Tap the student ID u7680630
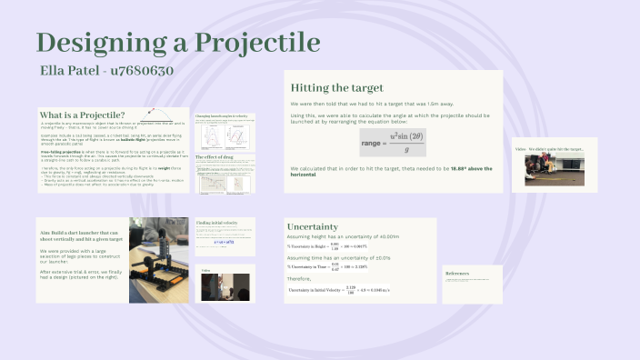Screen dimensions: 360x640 click(x=142, y=70)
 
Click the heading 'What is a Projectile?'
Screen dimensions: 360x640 click(x=83, y=115)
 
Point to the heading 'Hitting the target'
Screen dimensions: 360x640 click(x=336, y=88)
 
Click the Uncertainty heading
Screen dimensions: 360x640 click(x=313, y=226)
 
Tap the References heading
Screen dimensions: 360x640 click(x=457, y=272)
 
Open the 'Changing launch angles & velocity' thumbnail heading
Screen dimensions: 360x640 click(x=224, y=118)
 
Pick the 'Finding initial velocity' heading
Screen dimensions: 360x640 click(x=221, y=222)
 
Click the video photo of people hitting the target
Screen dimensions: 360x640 click(x=555, y=168)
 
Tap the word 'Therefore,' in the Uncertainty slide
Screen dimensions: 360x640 click(x=298, y=279)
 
